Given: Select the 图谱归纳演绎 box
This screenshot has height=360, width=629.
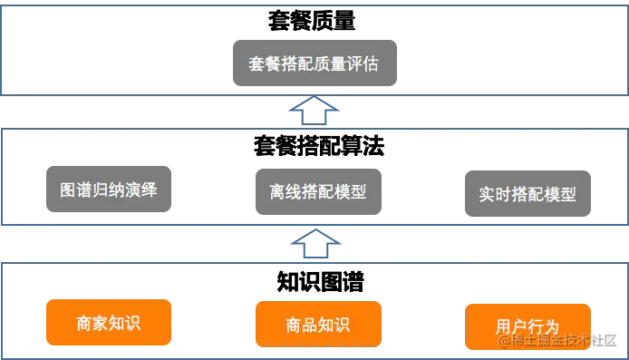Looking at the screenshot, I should (x=109, y=191).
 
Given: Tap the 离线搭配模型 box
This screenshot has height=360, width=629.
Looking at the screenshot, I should (x=317, y=192).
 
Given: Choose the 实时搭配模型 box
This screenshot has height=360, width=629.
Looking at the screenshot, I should (x=528, y=193).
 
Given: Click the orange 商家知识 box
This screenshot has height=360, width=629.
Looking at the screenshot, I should (x=109, y=323).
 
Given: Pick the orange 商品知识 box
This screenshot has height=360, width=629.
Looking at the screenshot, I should (x=317, y=326).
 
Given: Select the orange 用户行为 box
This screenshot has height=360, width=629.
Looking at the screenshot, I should (x=527, y=326).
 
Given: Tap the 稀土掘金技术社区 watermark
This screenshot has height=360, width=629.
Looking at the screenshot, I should (x=561, y=340).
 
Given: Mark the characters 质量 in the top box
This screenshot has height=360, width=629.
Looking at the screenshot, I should (x=331, y=64).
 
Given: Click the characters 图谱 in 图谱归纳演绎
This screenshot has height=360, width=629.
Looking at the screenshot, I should (x=73, y=191).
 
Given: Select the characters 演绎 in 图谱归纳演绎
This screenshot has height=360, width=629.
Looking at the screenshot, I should (x=145, y=191).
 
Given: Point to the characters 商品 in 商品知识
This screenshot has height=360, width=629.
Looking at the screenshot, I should (x=301, y=326).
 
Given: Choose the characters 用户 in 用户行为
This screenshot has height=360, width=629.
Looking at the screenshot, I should (x=511, y=326).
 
